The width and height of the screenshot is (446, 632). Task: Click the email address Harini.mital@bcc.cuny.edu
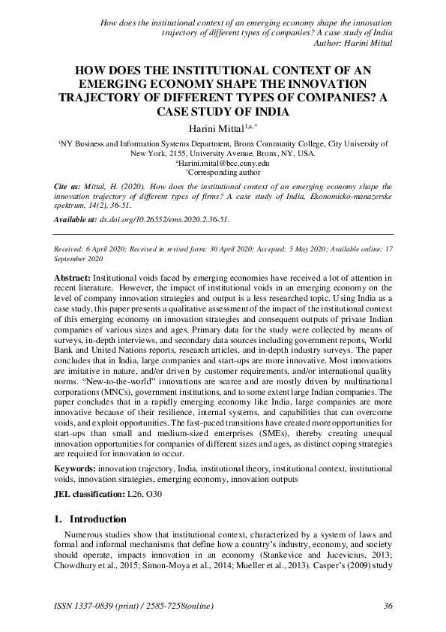coord(223,162)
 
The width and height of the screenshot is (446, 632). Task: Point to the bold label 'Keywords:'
coord(75,468)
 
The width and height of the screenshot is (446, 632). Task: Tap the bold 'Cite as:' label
coord(66,184)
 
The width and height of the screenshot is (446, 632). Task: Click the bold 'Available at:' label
coord(76,220)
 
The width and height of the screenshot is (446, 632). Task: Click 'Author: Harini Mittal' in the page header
coord(350,42)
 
